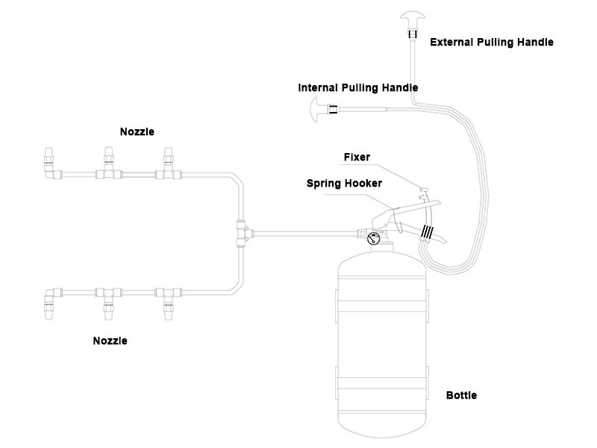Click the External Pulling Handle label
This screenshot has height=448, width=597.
[x=492, y=43]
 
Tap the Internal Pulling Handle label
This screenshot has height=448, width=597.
[x=358, y=87]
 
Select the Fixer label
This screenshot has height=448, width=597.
[x=357, y=158]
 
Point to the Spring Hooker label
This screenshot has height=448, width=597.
[x=344, y=183]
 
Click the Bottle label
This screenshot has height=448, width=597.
[x=461, y=395]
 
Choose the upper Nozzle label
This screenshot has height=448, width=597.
[x=137, y=132]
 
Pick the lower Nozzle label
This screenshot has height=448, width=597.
[x=110, y=341]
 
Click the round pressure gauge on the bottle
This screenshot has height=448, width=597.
[x=372, y=239]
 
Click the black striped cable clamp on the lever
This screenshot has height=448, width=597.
[x=428, y=231]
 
